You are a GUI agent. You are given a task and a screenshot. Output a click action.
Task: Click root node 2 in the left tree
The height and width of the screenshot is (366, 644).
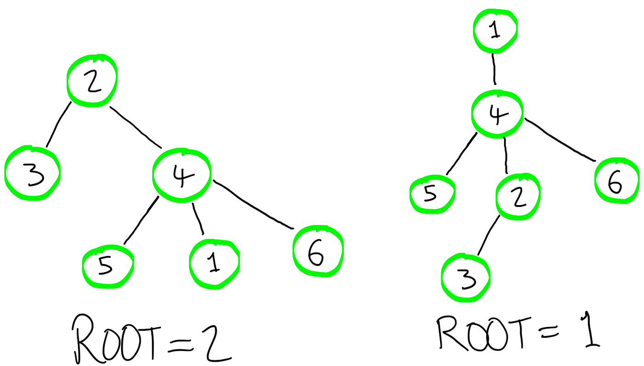tap(92, 80)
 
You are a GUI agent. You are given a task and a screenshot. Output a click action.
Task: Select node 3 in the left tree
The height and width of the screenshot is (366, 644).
tap(32, 173)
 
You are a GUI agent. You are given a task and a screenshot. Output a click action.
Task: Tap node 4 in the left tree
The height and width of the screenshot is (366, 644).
tap(182, 175)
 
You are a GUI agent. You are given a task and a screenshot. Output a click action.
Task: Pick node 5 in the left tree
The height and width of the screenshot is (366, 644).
tap(108, 267)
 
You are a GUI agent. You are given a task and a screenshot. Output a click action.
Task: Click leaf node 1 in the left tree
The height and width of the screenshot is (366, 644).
tap(214, 264)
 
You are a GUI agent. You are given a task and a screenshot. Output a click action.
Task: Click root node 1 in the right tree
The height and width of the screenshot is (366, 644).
tap(495, 31)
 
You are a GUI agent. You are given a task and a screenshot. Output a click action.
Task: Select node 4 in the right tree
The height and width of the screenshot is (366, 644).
tap(497, 114)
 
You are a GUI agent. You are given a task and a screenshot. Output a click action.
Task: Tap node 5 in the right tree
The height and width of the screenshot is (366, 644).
tap(432, 194)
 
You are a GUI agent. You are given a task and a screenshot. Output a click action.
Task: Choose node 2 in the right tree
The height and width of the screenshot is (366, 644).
tap(518, 197)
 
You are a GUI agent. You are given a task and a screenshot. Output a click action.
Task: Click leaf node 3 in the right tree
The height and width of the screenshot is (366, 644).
tap(466, 278)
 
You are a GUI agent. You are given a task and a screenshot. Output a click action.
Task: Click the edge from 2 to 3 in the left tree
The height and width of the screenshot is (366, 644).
tap(58, 124)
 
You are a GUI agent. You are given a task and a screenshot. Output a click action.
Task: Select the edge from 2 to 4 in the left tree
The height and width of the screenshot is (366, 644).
tap(136, 127)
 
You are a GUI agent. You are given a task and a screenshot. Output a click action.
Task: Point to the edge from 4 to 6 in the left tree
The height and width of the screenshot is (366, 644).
tap(253, 205)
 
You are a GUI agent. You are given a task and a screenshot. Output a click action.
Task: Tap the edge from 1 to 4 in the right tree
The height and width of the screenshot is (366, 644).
tap(494, 69)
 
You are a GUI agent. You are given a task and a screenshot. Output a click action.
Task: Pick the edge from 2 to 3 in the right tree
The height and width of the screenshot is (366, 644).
tap(489, 235)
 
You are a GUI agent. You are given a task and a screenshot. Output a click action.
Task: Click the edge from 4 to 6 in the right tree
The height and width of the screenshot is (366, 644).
tap(559, 139)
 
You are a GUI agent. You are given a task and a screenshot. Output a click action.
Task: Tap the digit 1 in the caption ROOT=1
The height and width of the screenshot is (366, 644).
tap(589, 331)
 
